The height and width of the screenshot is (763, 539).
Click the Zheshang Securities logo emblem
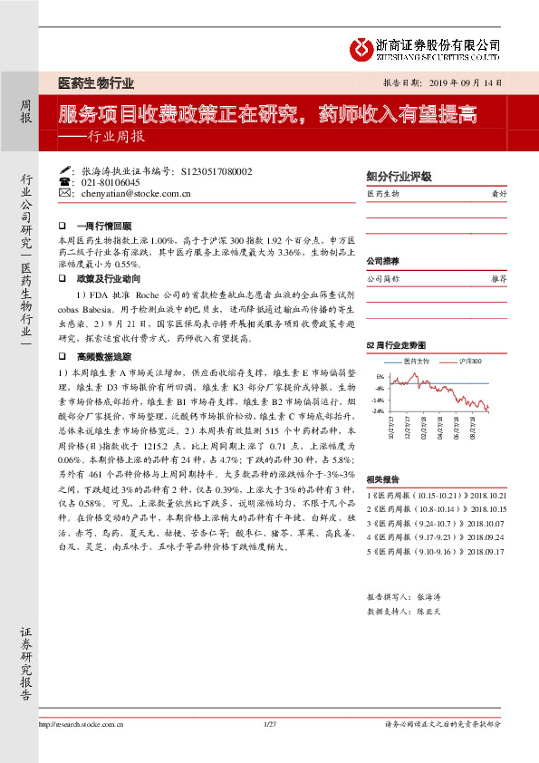point(363,45)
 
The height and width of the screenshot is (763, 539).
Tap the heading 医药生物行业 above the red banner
point(96,83)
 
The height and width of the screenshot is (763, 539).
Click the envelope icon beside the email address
point(63,193)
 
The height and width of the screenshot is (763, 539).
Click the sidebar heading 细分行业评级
point(399,178)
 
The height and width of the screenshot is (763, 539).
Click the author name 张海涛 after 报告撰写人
point(428,598)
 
